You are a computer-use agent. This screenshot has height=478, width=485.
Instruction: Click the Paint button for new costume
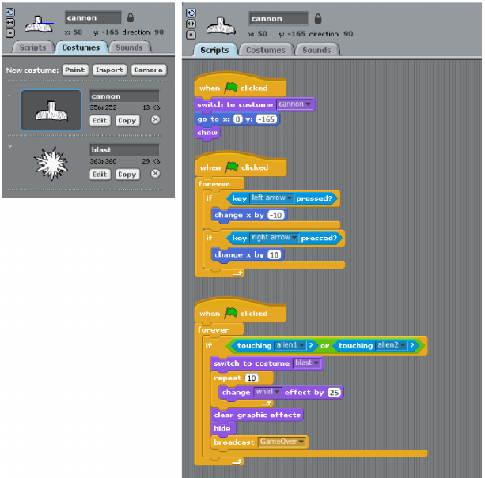[x=75, y=70]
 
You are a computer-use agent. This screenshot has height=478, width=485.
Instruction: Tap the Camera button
[x=148, y=70]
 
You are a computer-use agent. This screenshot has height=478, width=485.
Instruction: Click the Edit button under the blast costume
[x=99, y=174]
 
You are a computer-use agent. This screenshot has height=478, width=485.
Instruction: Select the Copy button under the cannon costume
[x=127, y=120]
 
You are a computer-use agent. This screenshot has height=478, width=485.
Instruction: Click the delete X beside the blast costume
[x=155, y=174]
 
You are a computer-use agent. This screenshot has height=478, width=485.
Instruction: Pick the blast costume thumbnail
[x=51, y=163]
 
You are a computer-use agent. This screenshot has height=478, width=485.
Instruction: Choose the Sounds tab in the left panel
[x=129, y=47]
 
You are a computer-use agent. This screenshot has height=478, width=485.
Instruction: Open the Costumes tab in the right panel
[x=266, y=50]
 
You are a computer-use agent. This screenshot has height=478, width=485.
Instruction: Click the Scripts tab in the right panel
[x=214, y=50]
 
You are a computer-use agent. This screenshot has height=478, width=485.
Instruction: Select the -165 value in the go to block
[x=268, y=119]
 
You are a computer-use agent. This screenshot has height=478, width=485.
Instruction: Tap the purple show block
[x=207, y=133]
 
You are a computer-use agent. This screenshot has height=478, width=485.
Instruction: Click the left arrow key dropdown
[x=272, y=198]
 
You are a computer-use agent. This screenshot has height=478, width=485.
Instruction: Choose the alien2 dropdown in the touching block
[x=392, y=345]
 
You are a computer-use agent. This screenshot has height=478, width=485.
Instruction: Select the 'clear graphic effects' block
[x=256, y=414]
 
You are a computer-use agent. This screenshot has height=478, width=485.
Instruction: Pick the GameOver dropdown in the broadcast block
[x=282, y=442]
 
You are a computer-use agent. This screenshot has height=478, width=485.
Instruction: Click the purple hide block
[x=222, y=428]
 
